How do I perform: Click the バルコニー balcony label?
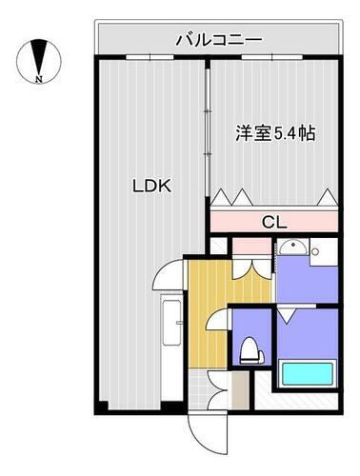218,39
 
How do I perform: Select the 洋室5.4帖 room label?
275,133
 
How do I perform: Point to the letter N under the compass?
37,80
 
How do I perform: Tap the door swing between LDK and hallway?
168,277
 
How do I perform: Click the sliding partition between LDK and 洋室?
207,133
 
